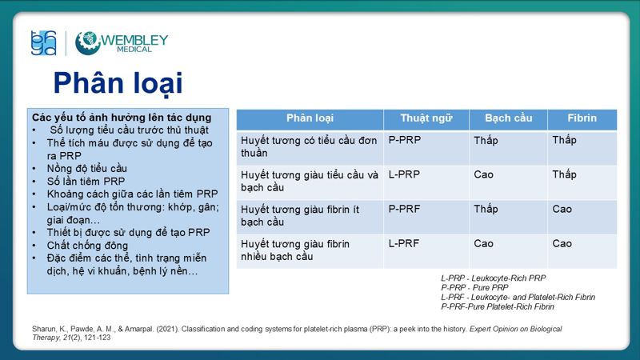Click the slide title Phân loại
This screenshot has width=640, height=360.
(118, 82)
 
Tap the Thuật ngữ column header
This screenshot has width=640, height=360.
(426, 118)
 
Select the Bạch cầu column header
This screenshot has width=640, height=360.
(508, 118)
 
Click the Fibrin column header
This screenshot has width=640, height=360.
(582, 118)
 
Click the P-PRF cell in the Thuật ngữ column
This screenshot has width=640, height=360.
(405, 209)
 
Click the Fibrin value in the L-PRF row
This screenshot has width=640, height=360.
(562, 243)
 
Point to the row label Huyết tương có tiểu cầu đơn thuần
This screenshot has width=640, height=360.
(309, 146)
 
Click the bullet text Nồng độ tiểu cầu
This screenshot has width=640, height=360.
(87, 168)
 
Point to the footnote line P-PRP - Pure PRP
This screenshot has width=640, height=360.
(474, 287)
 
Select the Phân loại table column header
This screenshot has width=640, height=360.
(310, 118)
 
